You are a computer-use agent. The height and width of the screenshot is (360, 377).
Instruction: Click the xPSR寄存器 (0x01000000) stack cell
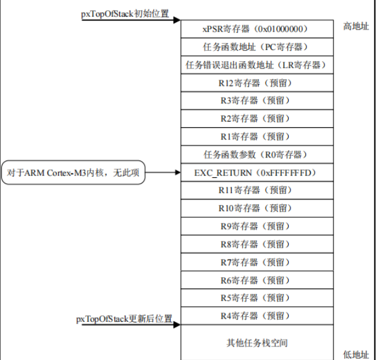[255, 29]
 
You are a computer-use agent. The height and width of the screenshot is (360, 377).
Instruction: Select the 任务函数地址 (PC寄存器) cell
[255, 47]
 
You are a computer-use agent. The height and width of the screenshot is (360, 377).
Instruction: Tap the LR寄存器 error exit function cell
[255, 65]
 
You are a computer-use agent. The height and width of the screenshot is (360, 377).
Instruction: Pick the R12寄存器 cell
[255, 83]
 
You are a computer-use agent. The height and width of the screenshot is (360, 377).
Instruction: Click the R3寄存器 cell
[255, 101]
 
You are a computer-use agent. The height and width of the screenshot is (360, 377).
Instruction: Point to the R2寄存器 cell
[255, 119]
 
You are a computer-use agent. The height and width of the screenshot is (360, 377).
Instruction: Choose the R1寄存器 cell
[255, 136]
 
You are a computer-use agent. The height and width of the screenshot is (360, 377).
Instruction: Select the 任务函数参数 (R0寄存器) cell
[255, 154]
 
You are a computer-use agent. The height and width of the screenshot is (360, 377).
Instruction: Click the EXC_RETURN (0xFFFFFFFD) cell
[255, 172]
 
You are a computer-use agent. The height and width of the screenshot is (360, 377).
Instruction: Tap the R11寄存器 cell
[255, 190]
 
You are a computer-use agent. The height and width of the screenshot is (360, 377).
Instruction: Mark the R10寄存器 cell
[255, 208]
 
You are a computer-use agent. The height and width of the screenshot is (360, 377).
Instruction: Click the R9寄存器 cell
[255, 226]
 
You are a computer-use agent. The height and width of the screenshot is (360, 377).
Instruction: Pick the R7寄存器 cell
[255, 262]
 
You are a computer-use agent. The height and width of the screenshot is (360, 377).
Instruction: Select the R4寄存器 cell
[255, 316]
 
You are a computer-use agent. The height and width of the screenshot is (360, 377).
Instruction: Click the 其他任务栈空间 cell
[255, 343]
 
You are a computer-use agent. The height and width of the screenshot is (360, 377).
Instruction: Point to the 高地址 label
[356, 27]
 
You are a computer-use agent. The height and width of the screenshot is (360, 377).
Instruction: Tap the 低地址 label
[356, 353]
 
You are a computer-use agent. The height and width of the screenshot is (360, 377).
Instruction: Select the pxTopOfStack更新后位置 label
[124, 319]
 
